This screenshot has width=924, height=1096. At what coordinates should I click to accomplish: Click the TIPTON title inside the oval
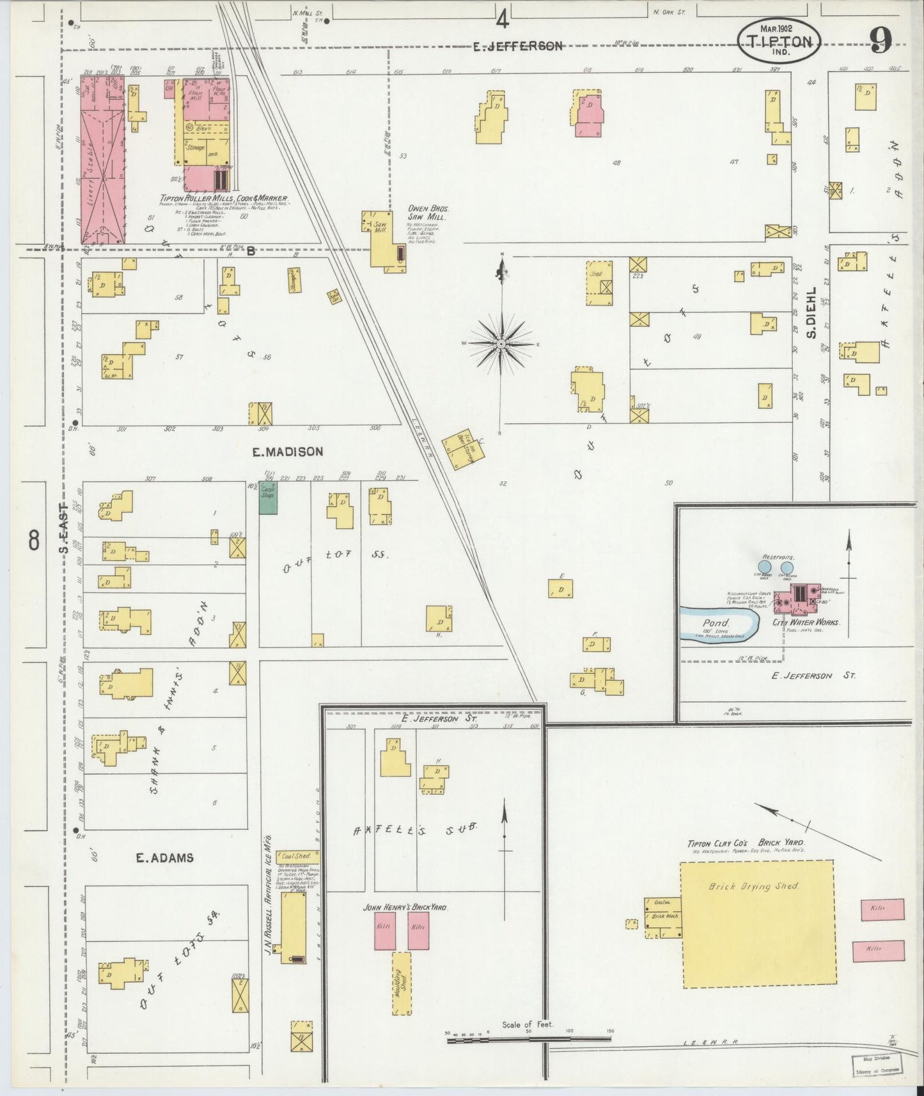tap(779, 42)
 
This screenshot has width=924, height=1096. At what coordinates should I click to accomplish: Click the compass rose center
tap(502, 344)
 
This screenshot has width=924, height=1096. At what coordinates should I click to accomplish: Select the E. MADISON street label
tap(287, 452)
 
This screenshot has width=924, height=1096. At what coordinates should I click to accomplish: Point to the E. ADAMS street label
tap(164, 858)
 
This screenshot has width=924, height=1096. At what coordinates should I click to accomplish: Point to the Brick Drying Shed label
tap(754, 886)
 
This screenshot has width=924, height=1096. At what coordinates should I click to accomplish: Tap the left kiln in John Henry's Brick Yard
tap(384, 930)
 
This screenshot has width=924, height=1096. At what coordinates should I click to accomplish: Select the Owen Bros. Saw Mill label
tap(428, 213)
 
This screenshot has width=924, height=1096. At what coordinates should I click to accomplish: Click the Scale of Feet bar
tap(528, 1041)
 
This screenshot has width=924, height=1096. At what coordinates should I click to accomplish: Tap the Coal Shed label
tap(296, 856)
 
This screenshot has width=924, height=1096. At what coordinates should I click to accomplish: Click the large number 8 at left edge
tap(34, 540)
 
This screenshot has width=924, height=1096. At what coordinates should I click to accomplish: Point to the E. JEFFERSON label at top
tap(518, 46)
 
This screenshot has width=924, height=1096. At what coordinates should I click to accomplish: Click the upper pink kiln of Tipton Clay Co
tap(882, 909)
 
